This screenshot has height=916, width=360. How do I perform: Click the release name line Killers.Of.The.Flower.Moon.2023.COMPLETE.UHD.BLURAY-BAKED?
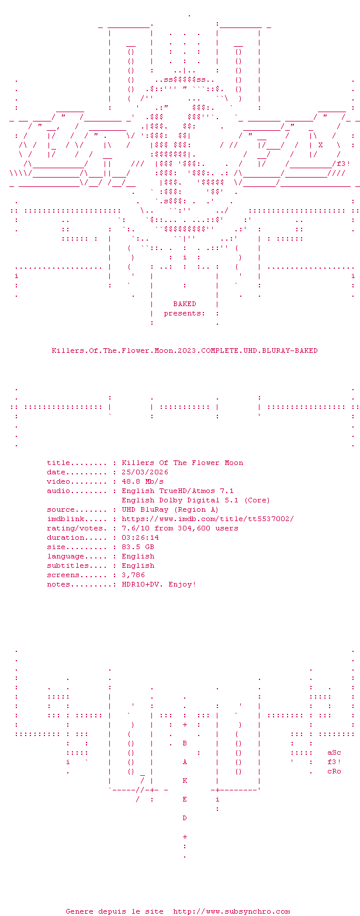[x=185, y=351]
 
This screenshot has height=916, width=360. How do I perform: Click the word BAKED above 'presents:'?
[x=185, y=304]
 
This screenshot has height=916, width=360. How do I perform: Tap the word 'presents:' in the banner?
[x=185, y=313]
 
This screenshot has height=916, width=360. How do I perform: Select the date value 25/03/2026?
[x=145, y=472]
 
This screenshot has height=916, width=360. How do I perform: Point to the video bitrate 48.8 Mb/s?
[x=143, y=481]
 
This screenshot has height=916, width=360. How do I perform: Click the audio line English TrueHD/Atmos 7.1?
[x=178, y=491]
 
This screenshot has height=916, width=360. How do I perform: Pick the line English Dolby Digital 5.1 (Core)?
[x=196, y=500]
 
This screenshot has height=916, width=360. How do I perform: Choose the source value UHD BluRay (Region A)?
[x=170, y=509]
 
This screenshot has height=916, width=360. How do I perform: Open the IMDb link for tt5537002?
[x=208, y=519]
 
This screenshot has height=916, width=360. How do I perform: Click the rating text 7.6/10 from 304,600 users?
[x=180, y=528]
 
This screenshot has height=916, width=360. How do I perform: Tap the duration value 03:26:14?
[x=140, y=537]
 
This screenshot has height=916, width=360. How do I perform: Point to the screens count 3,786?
[x=133, y=575]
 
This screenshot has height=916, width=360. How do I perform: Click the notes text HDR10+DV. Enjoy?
[x=159, y=584]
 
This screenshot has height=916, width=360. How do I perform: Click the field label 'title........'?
[x=77, y=463]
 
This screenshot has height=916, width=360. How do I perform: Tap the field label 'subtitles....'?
[x=77, y=565]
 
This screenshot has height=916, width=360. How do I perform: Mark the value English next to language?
[x=138, y=556]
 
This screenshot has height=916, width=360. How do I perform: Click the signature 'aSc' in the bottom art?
[x=334, y=752]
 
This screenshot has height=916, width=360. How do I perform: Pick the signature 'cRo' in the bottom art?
[x=334, y=771]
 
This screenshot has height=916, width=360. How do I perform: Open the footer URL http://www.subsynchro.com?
[x=231, y=911]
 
